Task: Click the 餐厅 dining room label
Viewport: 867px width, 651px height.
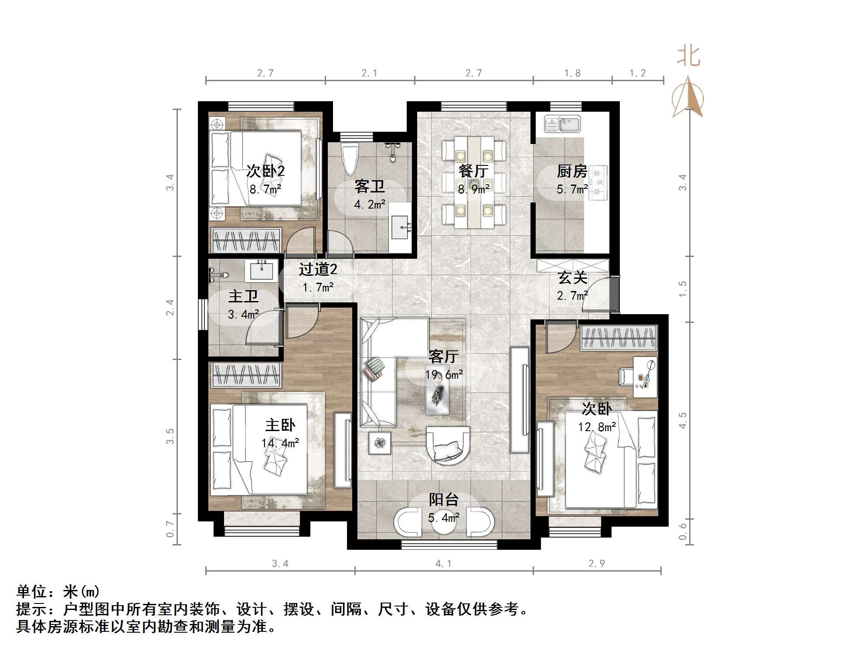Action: (473, 171)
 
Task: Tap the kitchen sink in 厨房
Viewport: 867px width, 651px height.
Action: (562, 124)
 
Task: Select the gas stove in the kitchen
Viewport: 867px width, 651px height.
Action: (598, 182)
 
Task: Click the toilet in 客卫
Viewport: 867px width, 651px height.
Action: (350, 159)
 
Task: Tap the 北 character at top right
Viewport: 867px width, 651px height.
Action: (689, 57)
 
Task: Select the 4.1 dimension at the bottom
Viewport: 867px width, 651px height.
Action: (443, 564)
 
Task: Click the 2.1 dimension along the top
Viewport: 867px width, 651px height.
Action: (369, 73)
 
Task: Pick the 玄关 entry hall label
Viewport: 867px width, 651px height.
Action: (572, 278)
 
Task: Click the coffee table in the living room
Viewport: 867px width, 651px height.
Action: (437, 395)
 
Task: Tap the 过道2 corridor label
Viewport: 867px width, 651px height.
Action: (318, 270)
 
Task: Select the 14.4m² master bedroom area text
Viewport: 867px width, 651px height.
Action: (280, 443)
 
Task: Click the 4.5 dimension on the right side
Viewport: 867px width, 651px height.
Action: (682, 420)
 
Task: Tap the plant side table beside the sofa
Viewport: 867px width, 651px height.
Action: (380, 443)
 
